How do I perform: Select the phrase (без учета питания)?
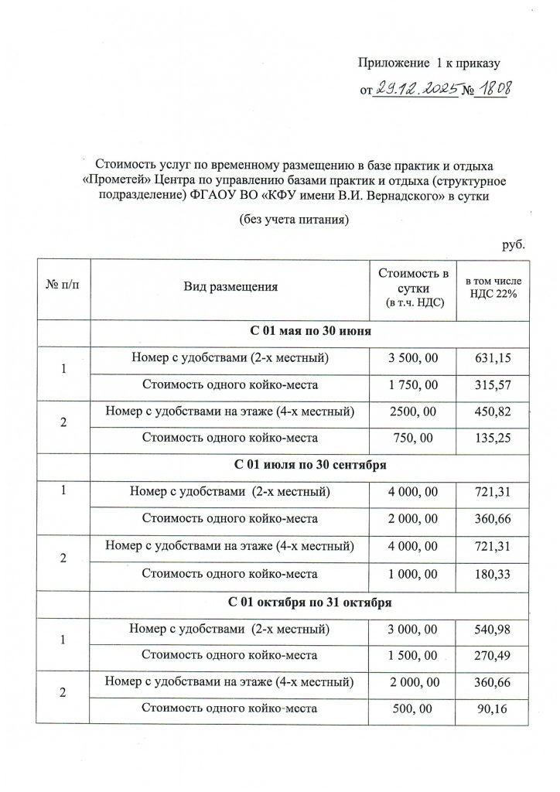point(295,220)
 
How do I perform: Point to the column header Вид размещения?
point(230,287)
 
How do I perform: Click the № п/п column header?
point(63,287)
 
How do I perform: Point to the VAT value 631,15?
point(493,358)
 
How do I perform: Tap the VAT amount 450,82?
point(493,411)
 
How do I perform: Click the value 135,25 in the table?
point(493,438)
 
